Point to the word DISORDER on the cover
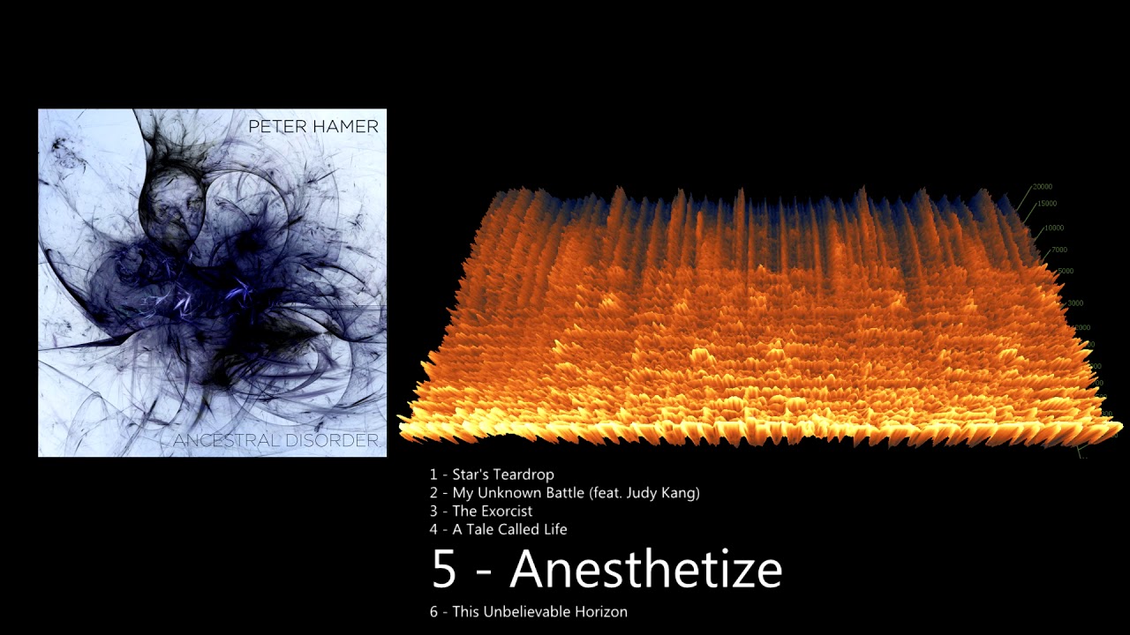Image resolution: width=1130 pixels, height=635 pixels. (340, 440)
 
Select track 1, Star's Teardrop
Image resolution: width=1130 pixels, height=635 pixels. (492, 474)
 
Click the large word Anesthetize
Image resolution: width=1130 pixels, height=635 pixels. (645, 569)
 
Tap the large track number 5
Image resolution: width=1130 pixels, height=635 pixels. (444, 570)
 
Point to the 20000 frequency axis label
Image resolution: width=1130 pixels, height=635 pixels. (1042, 187)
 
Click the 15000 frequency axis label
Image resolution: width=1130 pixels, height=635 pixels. (1046, 204)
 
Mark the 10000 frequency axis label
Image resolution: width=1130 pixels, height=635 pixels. (1054, 228)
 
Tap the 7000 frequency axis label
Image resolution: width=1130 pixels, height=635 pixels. (1058, 250)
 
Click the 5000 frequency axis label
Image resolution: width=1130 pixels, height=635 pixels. (1066, 271)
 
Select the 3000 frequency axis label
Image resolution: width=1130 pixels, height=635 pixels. (1074, 303)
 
